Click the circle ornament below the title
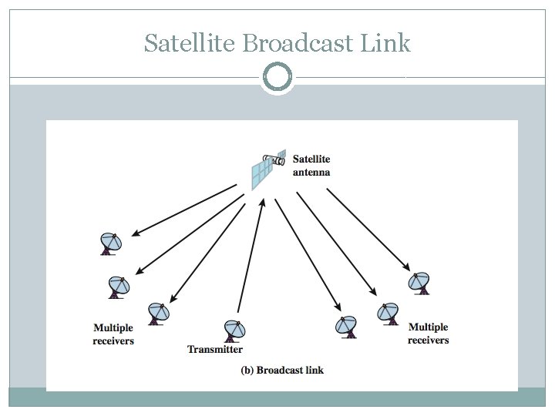click(277, 77)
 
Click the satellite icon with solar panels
click(267, 169)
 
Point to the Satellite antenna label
click(311, 166)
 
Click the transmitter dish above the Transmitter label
click(234, 330)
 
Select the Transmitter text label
click(215, 350)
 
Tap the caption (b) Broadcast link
click(282, 371)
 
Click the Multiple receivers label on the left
click(113, 334)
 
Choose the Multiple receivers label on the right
click(429, 334)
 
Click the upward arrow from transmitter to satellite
click(251, 254)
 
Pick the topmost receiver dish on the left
click(111, 243)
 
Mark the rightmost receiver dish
click(419, 283)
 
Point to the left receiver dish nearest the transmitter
click(159, 312)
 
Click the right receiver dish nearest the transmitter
click(347, 327)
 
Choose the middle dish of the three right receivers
click(387, 313)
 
